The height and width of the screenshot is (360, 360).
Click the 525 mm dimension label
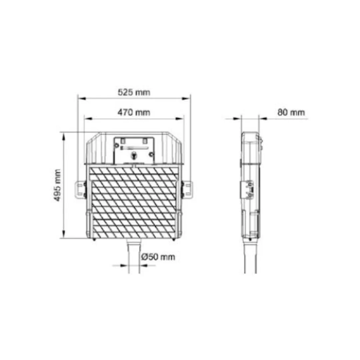tap(134, 92)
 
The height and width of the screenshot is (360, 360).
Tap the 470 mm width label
tap(134, 113)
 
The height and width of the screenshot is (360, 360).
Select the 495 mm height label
tap(57, 185)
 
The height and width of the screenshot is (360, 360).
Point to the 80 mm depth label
tap(291, 113)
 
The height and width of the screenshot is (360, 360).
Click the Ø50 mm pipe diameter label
tap(158, 257)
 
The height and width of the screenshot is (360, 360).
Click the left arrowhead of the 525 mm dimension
tap(82, 99)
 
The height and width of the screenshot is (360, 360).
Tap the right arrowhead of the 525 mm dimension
tap(186, 99)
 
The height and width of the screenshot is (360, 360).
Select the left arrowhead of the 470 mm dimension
tap(88, 119)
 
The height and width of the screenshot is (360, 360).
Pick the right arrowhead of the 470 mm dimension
tap(180, 119)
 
